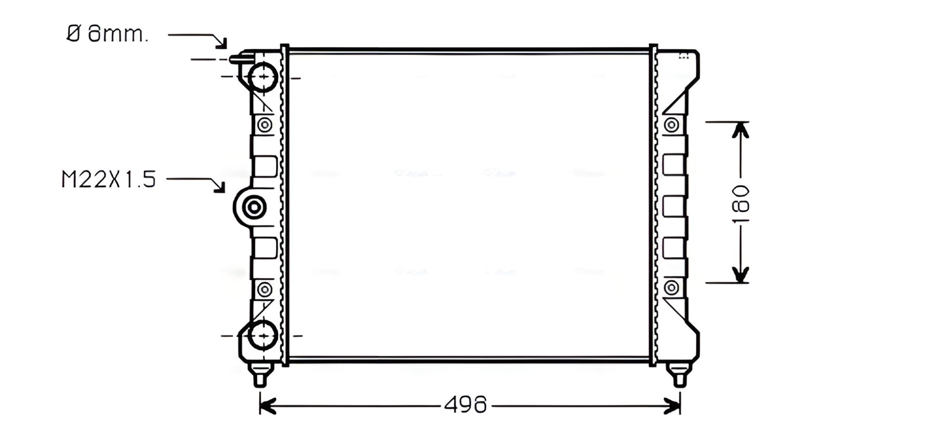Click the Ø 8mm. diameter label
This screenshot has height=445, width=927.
(x=107, y=34)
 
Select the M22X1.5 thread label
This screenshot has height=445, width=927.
(x=109, y=179)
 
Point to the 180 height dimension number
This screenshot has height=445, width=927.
(x=740, y=203)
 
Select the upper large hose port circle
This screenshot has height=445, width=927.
(x=264, y=77)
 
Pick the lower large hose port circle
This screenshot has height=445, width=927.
(x=264, y=335)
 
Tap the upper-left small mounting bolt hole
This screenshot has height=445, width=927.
(x=265, y=125)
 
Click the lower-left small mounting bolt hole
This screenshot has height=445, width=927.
(x=265, y=289)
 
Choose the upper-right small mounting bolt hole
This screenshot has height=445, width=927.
(x=671, y=125)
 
